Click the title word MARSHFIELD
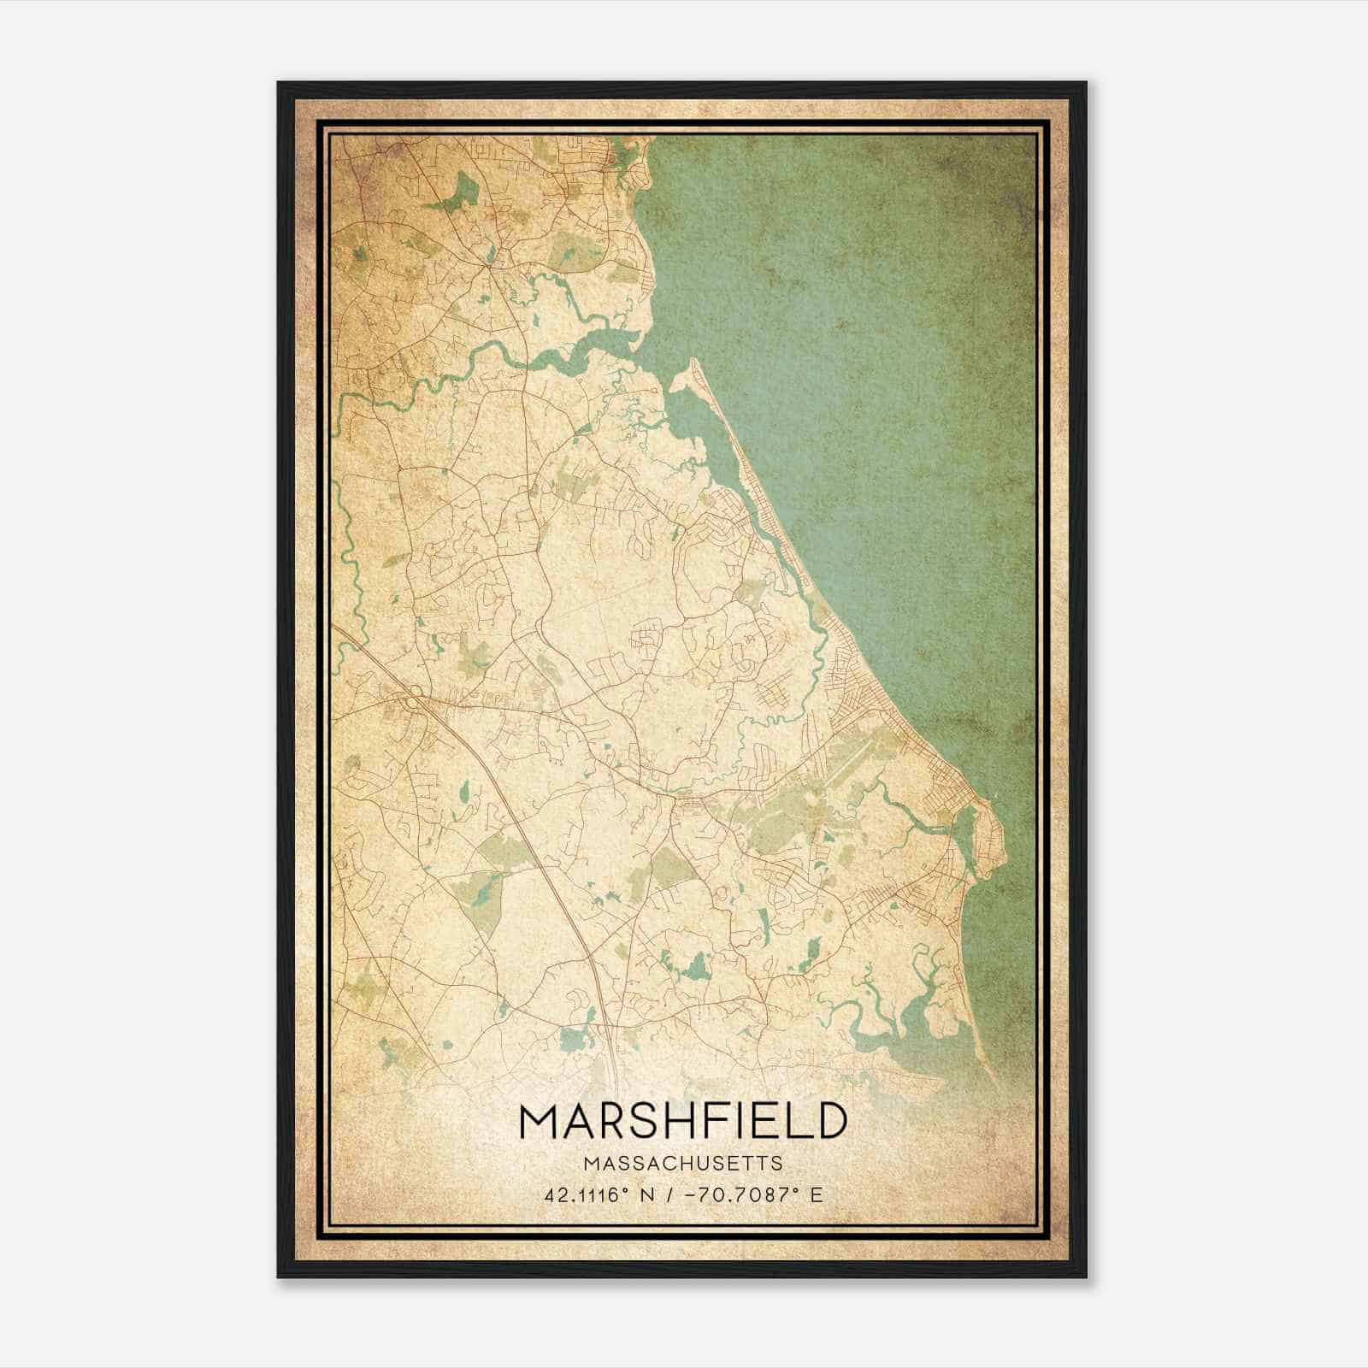[683, 1121]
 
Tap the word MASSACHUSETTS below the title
[683, 1164]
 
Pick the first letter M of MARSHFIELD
[537, 1121]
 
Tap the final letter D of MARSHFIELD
[830, 1121]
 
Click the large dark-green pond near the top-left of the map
[463, 189]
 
